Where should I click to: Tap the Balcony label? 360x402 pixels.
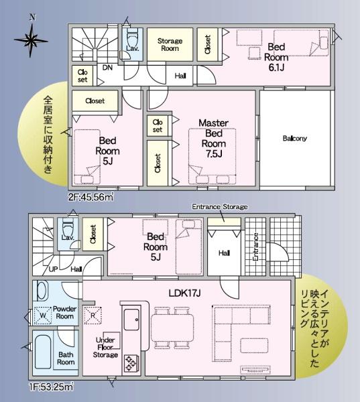tap(295, 139)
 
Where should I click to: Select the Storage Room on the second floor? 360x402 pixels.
tap(170, 44)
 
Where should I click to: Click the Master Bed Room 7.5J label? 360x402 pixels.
tap(213, 138)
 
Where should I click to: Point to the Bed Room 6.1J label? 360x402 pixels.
tap(276, 57)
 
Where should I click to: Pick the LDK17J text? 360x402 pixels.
tap(184, 293)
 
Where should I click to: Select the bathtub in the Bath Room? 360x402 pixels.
tap(43, 352)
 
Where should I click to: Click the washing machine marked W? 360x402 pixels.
tap(43, 316)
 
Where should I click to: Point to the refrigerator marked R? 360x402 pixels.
tap(93, 316)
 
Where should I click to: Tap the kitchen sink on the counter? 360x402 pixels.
tap(131, 320)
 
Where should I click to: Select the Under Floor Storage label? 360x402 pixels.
tap(105, 347)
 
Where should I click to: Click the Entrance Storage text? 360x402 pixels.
tap(220, 206)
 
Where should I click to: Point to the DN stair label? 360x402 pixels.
tap(107, 68)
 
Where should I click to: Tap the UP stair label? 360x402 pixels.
tap(53, 269)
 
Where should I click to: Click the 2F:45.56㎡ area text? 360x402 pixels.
tap(91, 197)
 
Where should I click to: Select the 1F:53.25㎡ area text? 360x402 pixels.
tap(51, 387)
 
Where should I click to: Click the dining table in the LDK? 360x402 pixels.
tap(172, 328)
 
